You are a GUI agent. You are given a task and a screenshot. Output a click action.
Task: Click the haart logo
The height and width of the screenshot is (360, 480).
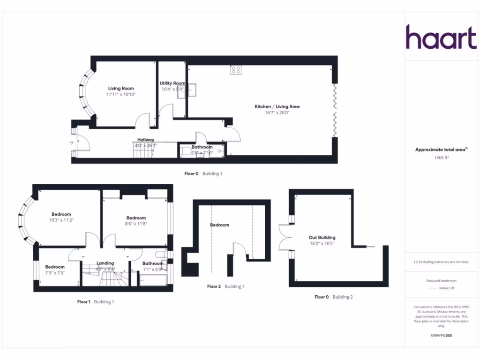tap(441, 37)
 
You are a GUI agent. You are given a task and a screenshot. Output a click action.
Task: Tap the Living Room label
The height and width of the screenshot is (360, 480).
tap(121, 89)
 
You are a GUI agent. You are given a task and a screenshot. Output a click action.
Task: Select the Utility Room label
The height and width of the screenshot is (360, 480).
tap(172, 83)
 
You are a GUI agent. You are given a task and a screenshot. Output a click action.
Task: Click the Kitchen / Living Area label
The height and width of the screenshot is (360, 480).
tap(277, 107)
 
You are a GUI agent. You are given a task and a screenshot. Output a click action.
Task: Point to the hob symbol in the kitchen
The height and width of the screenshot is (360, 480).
tap(236, 70)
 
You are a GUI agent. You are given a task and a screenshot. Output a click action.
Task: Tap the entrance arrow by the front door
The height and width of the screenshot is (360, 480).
tap(71, 142)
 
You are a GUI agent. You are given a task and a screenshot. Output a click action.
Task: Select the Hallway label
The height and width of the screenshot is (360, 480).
tap(146, 140)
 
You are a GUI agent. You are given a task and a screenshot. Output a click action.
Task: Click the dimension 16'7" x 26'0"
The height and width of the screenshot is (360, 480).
tap(277, 113)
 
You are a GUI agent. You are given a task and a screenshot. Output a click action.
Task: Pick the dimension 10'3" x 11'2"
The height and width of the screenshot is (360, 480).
tap(61, 220)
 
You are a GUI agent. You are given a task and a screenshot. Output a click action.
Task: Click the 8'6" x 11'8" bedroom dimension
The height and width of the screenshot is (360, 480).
tap(136, 224)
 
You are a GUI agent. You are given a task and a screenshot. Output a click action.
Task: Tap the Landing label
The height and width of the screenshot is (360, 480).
tap(105, 263)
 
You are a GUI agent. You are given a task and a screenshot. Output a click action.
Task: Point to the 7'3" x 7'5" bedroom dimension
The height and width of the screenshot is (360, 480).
tap(55, 273)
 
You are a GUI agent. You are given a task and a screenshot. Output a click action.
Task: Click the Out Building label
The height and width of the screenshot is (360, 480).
tap(322, 238)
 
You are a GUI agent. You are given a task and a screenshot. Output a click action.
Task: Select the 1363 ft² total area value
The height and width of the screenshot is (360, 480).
tap(441, 158)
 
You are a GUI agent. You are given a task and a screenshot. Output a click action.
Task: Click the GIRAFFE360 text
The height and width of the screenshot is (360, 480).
tap(441, 336)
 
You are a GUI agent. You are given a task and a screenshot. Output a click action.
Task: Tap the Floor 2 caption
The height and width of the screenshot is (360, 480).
tap(214, 286)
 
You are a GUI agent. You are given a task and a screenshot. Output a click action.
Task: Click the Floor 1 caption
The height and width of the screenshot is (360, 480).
tap(84, 302)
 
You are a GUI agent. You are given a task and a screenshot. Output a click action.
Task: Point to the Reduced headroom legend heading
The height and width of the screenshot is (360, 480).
tap(441, 280)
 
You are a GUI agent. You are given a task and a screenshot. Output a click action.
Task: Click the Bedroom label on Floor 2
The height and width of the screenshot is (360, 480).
tap(219, 225)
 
